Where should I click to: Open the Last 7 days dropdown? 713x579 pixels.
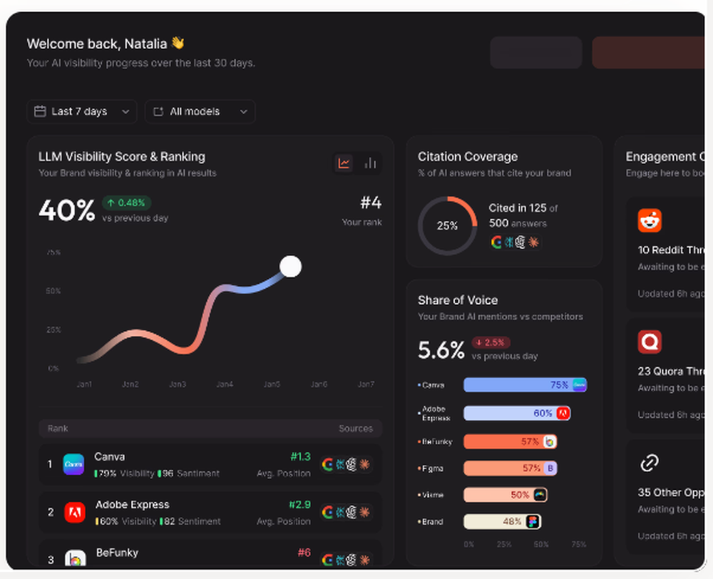tap(82, 112)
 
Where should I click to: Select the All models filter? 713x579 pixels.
tap(200, 112)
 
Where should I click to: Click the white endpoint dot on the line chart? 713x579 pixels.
tap(290, 267)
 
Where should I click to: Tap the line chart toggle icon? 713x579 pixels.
tap(344, 163)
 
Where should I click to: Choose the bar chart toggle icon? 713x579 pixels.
tap(370, 163)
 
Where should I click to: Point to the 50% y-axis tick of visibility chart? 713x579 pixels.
tap(53, 291)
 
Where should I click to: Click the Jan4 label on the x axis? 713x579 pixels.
tap(225, 384)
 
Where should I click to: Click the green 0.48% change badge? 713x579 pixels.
tap(126, 203)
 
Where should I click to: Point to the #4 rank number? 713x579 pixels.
tap(371, 203)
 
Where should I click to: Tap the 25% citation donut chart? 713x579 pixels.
tap(447, 225)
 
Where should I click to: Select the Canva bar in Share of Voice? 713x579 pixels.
tap(524, 385)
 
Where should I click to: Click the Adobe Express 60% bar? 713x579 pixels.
tap(516, 413)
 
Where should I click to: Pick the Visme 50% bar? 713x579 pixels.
tap(504, 495)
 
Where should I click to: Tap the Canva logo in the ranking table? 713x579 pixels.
tap(73, 464)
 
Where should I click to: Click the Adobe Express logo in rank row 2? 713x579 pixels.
tap(75, 512)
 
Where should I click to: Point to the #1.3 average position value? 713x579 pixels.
tap(300, 457)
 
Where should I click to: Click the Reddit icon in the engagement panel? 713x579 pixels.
tap(650, 220)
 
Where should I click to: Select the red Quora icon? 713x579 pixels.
tap(650, 342)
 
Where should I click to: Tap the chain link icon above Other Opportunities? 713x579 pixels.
tap(649, 463)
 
